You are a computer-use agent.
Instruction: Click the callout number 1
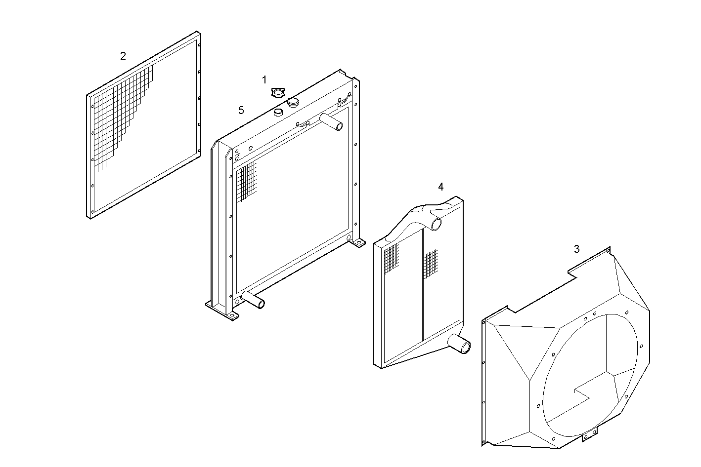point(264,79)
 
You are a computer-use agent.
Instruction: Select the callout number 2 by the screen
point(123,56)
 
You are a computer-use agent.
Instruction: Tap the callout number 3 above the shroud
point(577,249)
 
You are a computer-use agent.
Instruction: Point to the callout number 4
point(440,187)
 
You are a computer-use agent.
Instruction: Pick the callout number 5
point(241,110)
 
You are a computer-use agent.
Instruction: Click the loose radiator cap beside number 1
point(279,92)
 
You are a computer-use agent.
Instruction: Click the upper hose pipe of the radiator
point(331,121)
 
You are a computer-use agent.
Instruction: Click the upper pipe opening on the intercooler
point(437,225)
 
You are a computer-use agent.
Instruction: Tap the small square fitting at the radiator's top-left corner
point(237,157)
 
